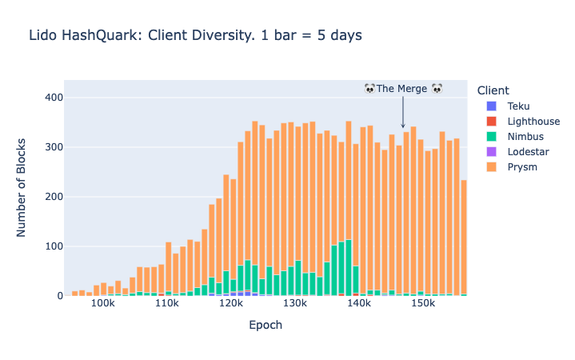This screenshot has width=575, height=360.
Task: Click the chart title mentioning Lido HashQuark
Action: coord(195,36)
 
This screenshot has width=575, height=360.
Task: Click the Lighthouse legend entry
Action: coord(533,121)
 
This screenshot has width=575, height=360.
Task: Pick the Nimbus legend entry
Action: coord(525,136)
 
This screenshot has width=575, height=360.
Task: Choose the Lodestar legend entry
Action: coord(528,151)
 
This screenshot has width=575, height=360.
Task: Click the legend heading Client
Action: coord(492,90)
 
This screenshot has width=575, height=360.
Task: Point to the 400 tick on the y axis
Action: coord(54,98)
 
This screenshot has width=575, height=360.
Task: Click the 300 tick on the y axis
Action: coord(54,147)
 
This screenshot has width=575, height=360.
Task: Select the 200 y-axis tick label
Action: coord(54,197)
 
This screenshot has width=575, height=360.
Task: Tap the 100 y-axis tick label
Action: coord(54,246)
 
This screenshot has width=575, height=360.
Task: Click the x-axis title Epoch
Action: coord(266,326)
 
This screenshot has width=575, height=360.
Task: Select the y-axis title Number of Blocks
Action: coord(22,188)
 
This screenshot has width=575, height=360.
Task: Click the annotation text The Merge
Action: coord(403,89)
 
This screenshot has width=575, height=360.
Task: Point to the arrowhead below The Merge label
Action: coord(403,126)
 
